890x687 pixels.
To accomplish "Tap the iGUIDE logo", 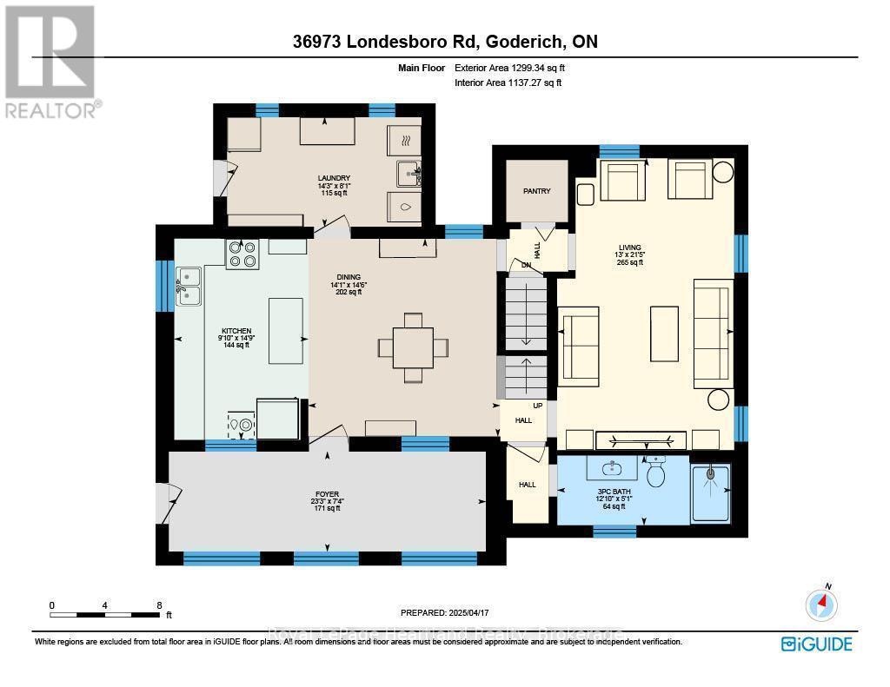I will click(816, 644).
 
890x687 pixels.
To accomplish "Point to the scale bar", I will click(105, 615).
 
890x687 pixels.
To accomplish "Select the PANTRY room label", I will click(536, 191).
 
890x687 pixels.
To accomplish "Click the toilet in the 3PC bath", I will click(656, 472).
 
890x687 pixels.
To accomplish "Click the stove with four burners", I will click(242, 254).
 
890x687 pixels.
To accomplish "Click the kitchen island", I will click(286, 330).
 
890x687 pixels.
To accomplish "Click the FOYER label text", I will click(327, 494).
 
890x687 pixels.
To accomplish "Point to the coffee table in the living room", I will click(664, 333).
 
